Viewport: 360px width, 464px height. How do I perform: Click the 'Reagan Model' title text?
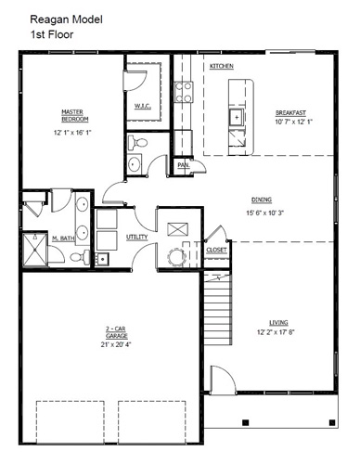click(66, 19)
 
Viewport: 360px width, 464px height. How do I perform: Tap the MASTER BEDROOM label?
click(75, 115)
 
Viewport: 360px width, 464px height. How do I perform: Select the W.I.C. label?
click(142, 106)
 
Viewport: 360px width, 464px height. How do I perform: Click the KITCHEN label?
click(222, 66)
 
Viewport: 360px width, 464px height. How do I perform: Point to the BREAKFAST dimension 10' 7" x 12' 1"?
click(294, 122)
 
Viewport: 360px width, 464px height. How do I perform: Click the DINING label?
click(262, 200)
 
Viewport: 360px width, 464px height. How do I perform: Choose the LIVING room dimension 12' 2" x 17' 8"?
click(276, 332)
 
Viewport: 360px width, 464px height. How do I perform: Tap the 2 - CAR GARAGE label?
click(116, 332)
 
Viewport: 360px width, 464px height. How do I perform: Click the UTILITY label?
click(136, 237)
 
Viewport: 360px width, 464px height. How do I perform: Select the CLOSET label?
click(216, 250)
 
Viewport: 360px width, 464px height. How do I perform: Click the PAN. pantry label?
click(184, 165)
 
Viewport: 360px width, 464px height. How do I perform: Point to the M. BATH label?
click(63, 238)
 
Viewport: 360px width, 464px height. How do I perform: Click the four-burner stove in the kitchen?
click(184, 92)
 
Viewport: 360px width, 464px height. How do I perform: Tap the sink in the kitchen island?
click(237, 117)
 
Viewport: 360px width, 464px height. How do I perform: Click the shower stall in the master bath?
click(35, 249)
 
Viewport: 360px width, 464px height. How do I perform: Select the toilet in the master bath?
click(80, 256)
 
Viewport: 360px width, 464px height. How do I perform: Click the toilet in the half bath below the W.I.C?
click(137, 143)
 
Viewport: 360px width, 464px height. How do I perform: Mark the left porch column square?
click(245, 422)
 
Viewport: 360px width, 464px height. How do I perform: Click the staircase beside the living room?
click(218, 308)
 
